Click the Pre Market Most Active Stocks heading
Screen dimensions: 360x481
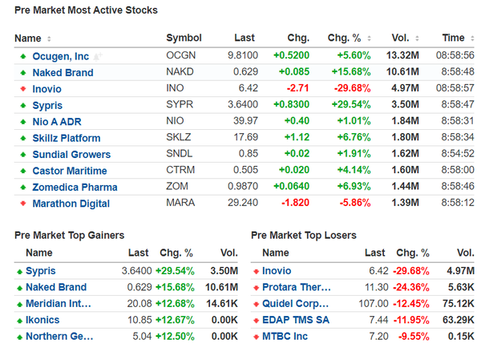(86, 10)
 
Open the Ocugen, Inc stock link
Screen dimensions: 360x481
(61, 56)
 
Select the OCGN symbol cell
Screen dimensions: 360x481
(180, 56)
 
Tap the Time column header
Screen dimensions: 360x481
(453, 38)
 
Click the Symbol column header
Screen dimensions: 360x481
(184, 38)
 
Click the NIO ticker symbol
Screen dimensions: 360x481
(174, 121)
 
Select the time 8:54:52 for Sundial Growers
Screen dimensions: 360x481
(455, 154)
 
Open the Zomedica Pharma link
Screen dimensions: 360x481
(75, 187)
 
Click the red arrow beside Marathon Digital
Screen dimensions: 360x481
(22, 204)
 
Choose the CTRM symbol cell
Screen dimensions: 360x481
(180, 171)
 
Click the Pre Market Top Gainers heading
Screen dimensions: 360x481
(70, 235)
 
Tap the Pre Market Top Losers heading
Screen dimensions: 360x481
(304, 235)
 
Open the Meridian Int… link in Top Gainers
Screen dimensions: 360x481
(59, 303)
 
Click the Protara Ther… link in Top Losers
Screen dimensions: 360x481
(297, 287)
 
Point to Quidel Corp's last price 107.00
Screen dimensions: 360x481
(371, 303)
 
